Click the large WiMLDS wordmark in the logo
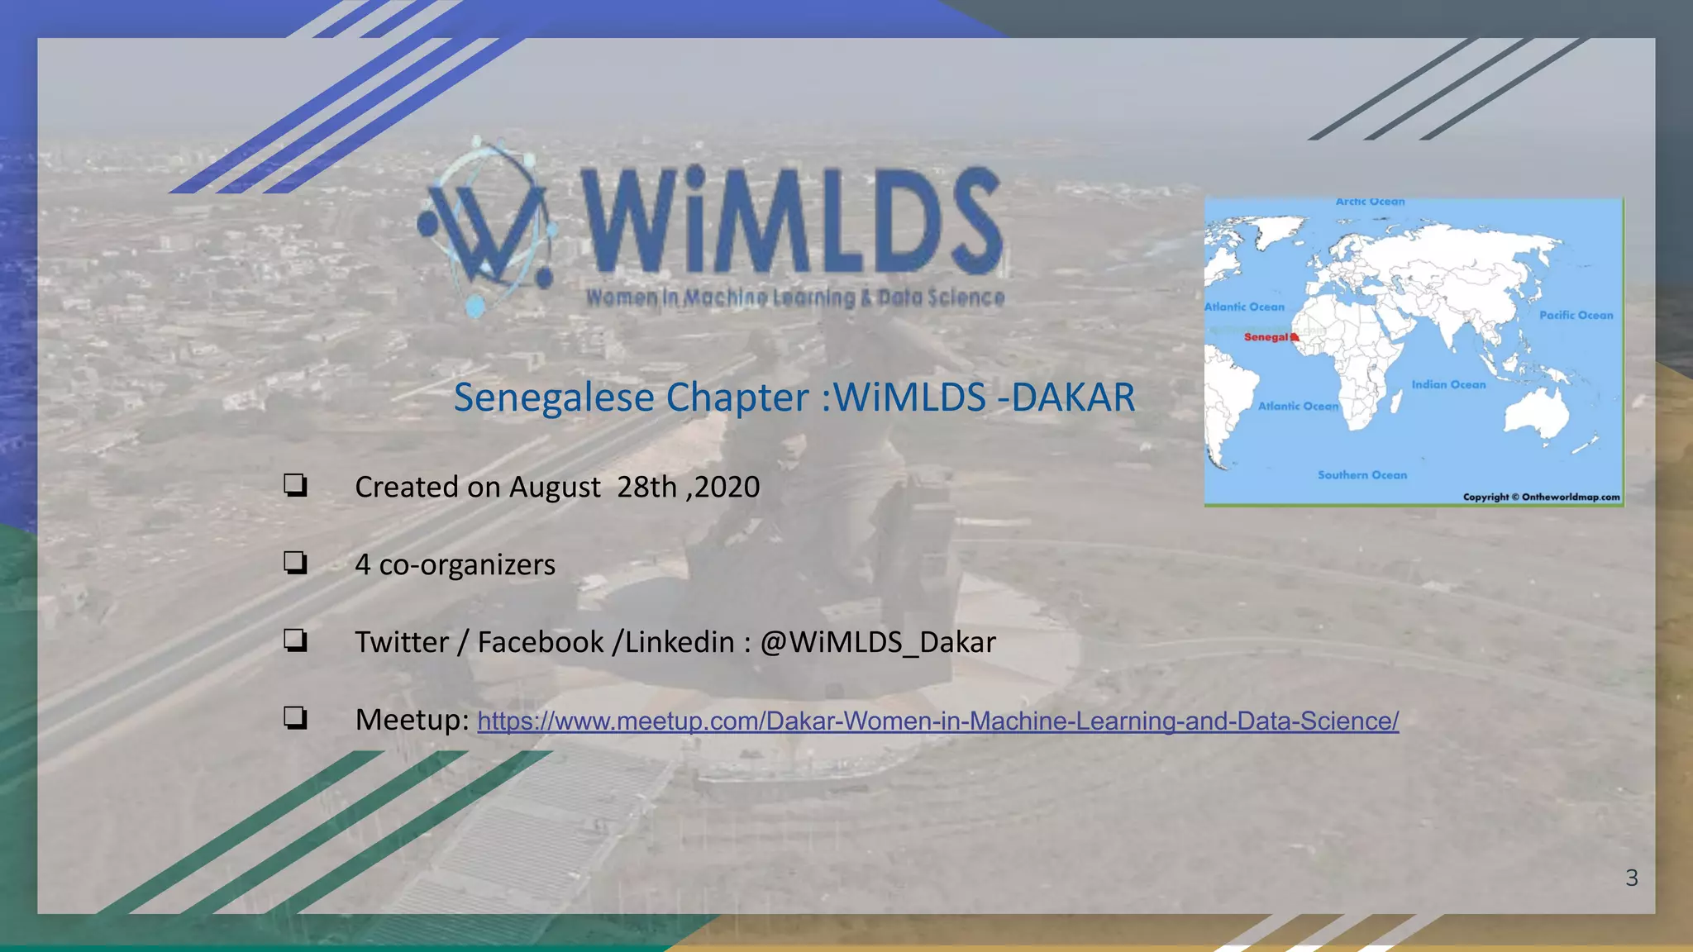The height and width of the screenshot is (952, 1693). [792, 221]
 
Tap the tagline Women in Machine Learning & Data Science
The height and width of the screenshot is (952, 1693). [795, 297]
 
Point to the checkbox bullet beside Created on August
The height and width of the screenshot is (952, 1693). [295, 485]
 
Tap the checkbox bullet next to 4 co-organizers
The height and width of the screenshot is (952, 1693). [295, 563]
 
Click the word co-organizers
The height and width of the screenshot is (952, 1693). [467, 564]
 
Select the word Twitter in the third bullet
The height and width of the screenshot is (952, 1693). [402, 642]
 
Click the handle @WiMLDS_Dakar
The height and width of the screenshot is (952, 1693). [877, 642]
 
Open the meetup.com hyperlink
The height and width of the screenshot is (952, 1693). [937, 721]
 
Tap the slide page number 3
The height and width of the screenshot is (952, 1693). [1631, 878]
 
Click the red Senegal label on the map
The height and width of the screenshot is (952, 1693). [1267, 337]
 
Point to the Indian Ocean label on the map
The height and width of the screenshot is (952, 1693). [1448, 384]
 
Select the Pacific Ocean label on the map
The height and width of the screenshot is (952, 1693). [1576, 315]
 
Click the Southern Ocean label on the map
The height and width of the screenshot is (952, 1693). [1362, 475]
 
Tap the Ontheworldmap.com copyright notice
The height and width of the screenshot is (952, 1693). [1541, 497]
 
